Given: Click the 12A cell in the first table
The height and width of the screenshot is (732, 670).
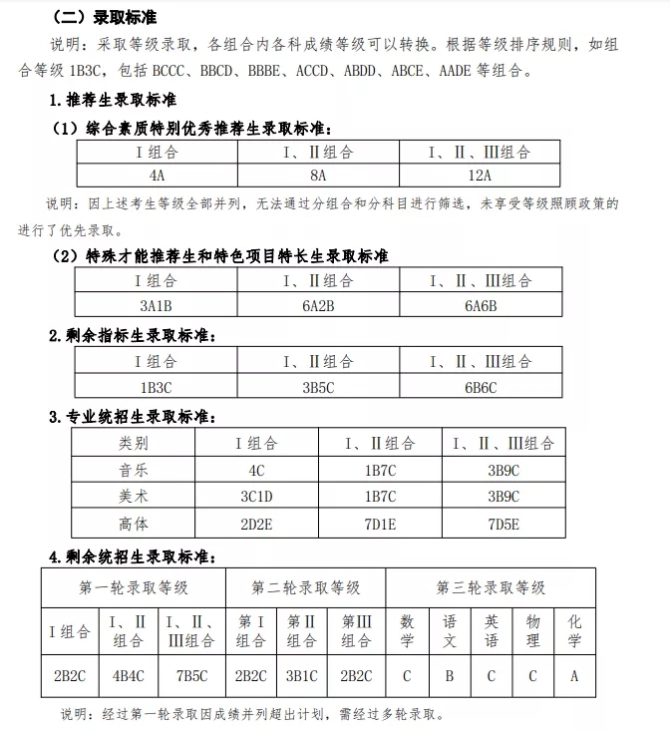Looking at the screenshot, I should [x=482, y=175].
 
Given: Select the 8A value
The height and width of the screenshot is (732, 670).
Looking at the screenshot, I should [x=318, y=175].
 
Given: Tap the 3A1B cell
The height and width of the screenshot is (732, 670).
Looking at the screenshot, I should [x=157, y=305].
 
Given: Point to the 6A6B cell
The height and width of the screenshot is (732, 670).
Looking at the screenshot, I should [x=482, y=305].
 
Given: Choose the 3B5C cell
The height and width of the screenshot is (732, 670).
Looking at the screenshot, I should [x=318, y=387].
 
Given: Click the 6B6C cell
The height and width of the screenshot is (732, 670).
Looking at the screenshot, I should [x=482, y=387].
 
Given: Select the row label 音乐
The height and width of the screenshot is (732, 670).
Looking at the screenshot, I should [x=134, y=470].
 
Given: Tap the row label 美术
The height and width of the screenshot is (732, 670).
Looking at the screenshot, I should [x=134, y=496].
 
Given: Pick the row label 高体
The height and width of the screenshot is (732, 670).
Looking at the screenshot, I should [x=134, y=523].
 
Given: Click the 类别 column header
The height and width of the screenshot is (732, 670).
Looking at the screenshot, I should [x=134, y=443].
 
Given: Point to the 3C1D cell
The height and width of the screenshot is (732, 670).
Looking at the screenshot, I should [x=256, y=496].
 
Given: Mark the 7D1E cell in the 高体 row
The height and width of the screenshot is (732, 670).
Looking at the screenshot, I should [x=380, y=523].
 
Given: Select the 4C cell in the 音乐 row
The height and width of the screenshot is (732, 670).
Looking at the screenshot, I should [x=256, y=470].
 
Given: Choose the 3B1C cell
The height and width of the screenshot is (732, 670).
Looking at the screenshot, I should [x=302, y=675].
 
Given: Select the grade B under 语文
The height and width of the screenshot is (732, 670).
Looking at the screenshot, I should [x=449, y=675].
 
